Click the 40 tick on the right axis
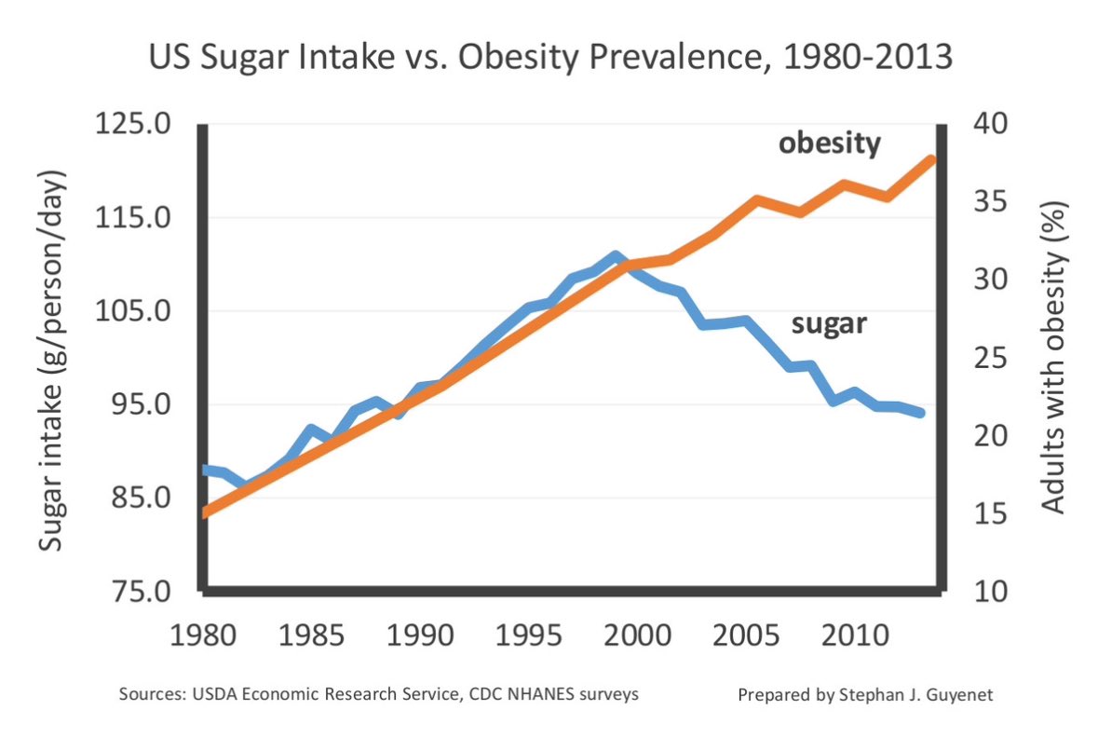click(989, 124)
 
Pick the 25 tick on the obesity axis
click(989, 359)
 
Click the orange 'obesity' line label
click(829, 144)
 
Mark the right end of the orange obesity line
click(931, 159)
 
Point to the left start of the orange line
click(207, 512)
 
